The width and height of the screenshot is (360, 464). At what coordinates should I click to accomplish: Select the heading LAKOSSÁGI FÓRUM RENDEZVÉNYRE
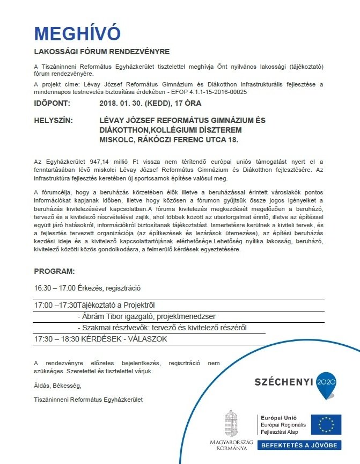(x=101, y=52)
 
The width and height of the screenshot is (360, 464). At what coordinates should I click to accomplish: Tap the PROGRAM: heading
(x=54, y=271)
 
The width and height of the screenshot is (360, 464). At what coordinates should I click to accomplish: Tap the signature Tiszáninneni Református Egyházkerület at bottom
(x=89, y=400)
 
